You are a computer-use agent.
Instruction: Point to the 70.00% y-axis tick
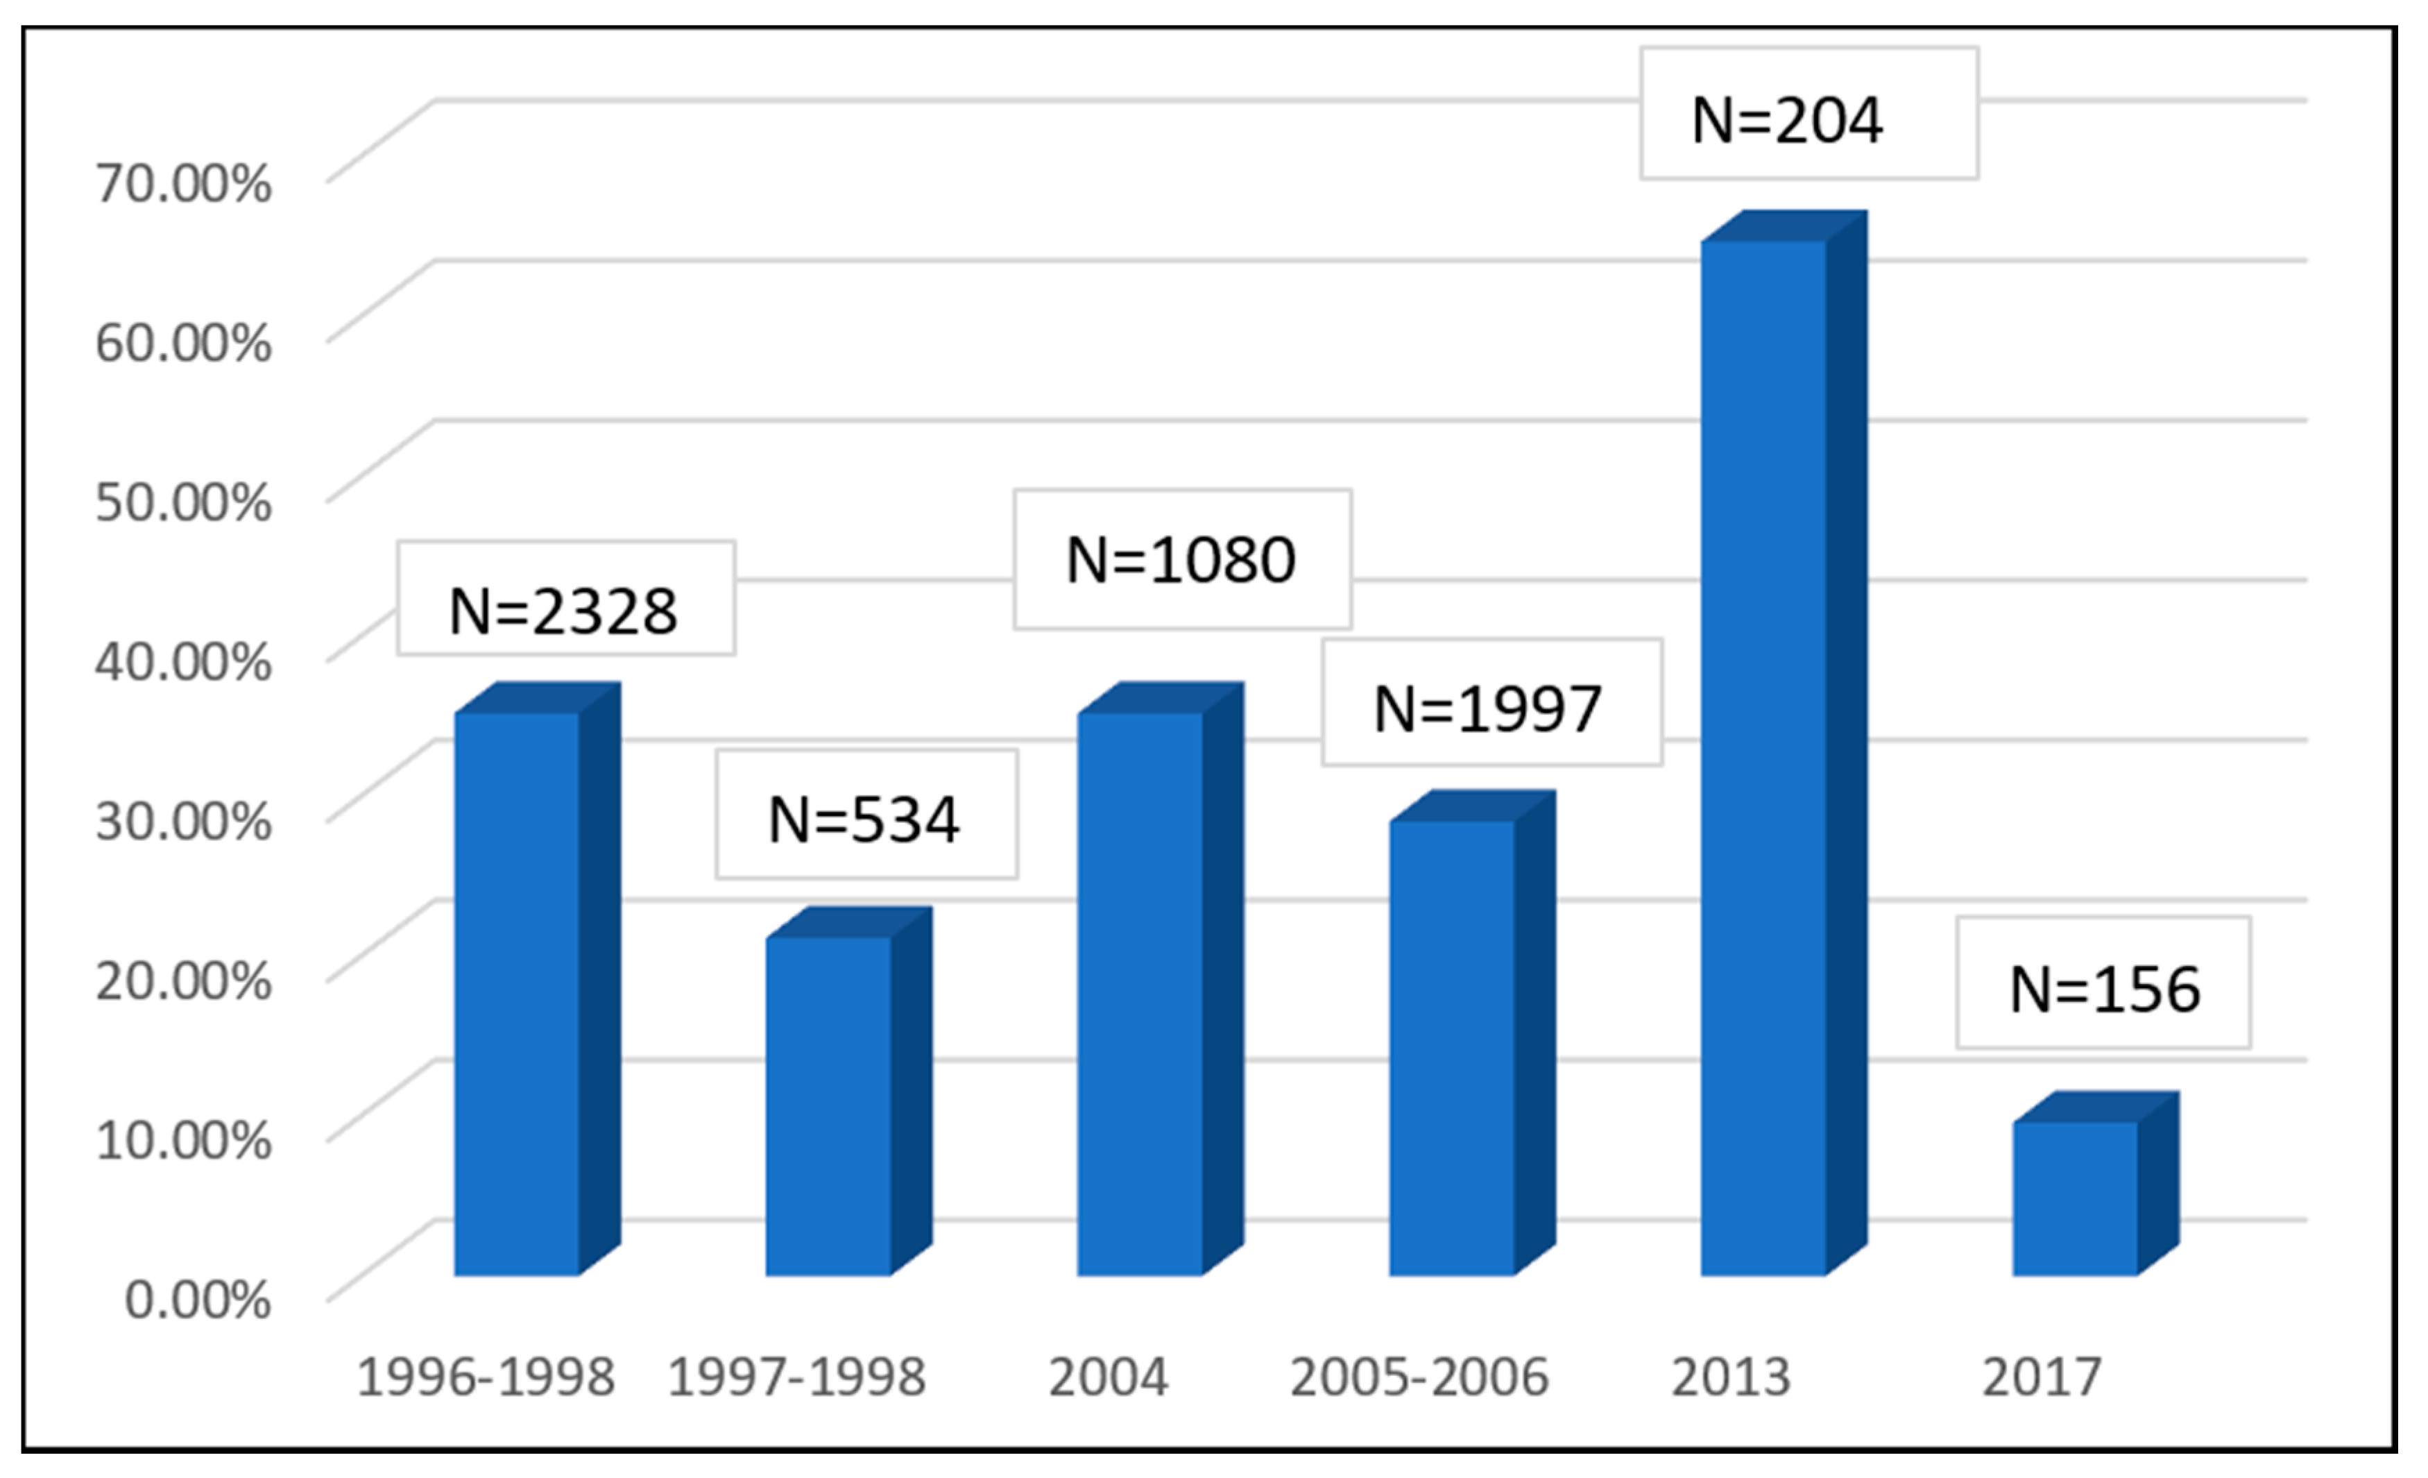coord(183,183)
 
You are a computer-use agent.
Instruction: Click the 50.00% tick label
coord(183,502)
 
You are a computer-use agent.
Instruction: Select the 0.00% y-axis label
coord(198,1300)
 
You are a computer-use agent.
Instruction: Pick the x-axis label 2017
coord(2042,1377)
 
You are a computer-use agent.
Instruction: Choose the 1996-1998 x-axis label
coord(486,1377)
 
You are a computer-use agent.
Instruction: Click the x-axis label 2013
coord(1730,1377)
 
